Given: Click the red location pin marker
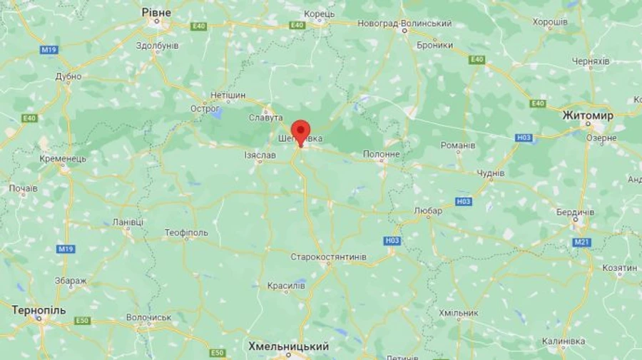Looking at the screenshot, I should click(x=301, y=133).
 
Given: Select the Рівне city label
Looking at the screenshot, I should click(x=156, y=11).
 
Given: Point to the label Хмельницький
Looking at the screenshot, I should click(x=288, y=346).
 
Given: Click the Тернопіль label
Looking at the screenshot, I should click(x=39, y=310).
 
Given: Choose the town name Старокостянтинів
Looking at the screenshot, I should click(x=329, y=257).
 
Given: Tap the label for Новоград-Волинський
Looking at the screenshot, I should click(x=404, y=24).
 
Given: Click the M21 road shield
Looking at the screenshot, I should click(x=581, y=242).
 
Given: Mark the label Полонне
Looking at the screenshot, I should click(x=382, y=154).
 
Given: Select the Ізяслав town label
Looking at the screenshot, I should click(x=260, y=155).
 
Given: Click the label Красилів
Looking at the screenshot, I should click(x=286, y=285).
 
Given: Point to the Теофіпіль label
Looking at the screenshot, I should click(x=186, y=232).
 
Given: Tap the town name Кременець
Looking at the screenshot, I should click(x=63, y=158).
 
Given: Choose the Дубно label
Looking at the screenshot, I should click(x=68, y=77).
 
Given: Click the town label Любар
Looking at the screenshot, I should click(x=428, y=210).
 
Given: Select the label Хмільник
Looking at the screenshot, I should click(x=458, y=313).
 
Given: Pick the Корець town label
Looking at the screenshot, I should click(x=319, y=14).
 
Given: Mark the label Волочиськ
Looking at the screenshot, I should click(x=148, y=317).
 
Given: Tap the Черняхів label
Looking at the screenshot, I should click(x=591, y=61).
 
